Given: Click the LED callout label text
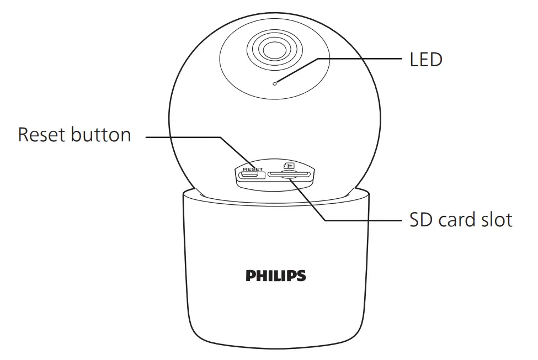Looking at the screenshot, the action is click(x=425, y=59).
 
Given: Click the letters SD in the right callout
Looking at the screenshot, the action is click(x=422, y=220).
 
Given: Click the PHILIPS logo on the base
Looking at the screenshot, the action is click(x=276, y=274).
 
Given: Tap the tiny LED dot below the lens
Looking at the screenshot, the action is click(x=275, y=83).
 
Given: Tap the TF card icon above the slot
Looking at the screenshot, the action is click(x=289, y=165).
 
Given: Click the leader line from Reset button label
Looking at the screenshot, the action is click(x=182, y=137).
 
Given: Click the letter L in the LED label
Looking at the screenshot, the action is click(x=414, y=59).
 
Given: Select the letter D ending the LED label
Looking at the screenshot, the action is click(x=436, y=59).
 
